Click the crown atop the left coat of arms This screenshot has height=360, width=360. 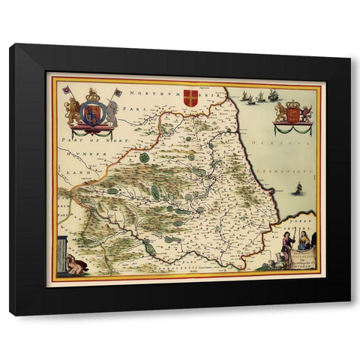(92, 95)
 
